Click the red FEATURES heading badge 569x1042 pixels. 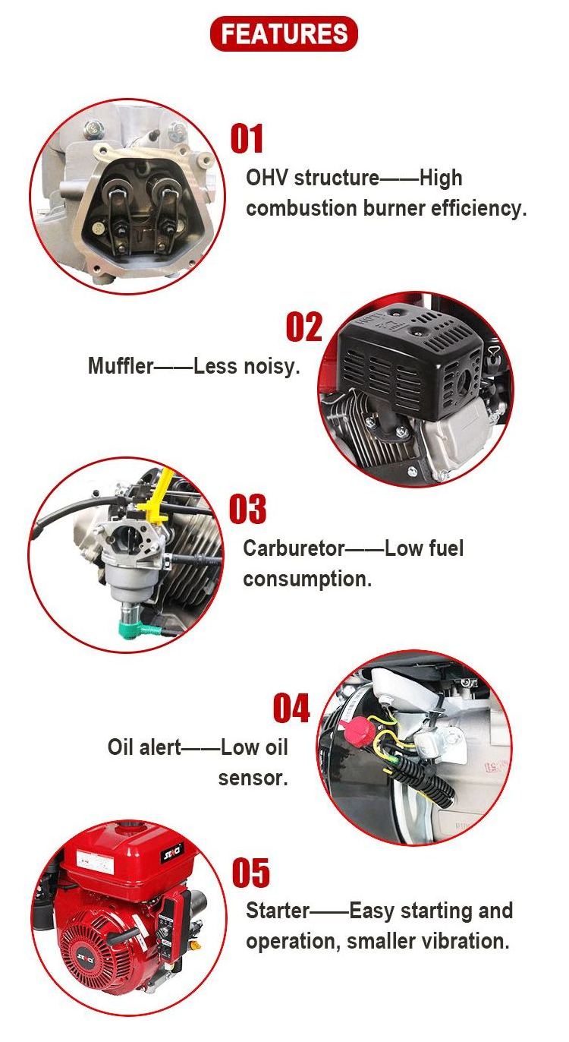(x=284, y=33)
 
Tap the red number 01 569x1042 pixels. (x=247, y=138)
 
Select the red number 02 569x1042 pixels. (x=304, y=327)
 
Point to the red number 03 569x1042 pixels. (x=248, y=509)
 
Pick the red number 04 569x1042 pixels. (x=291, y=708)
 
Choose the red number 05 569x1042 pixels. (x=251, y=873)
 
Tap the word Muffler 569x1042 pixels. (x=121, y=365)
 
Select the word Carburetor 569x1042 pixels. (x=294, y=548)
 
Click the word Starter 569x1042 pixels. (x=278, y=911)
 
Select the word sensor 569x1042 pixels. (x=253, y=778)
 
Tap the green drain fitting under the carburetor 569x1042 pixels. (x=140, y=626)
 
